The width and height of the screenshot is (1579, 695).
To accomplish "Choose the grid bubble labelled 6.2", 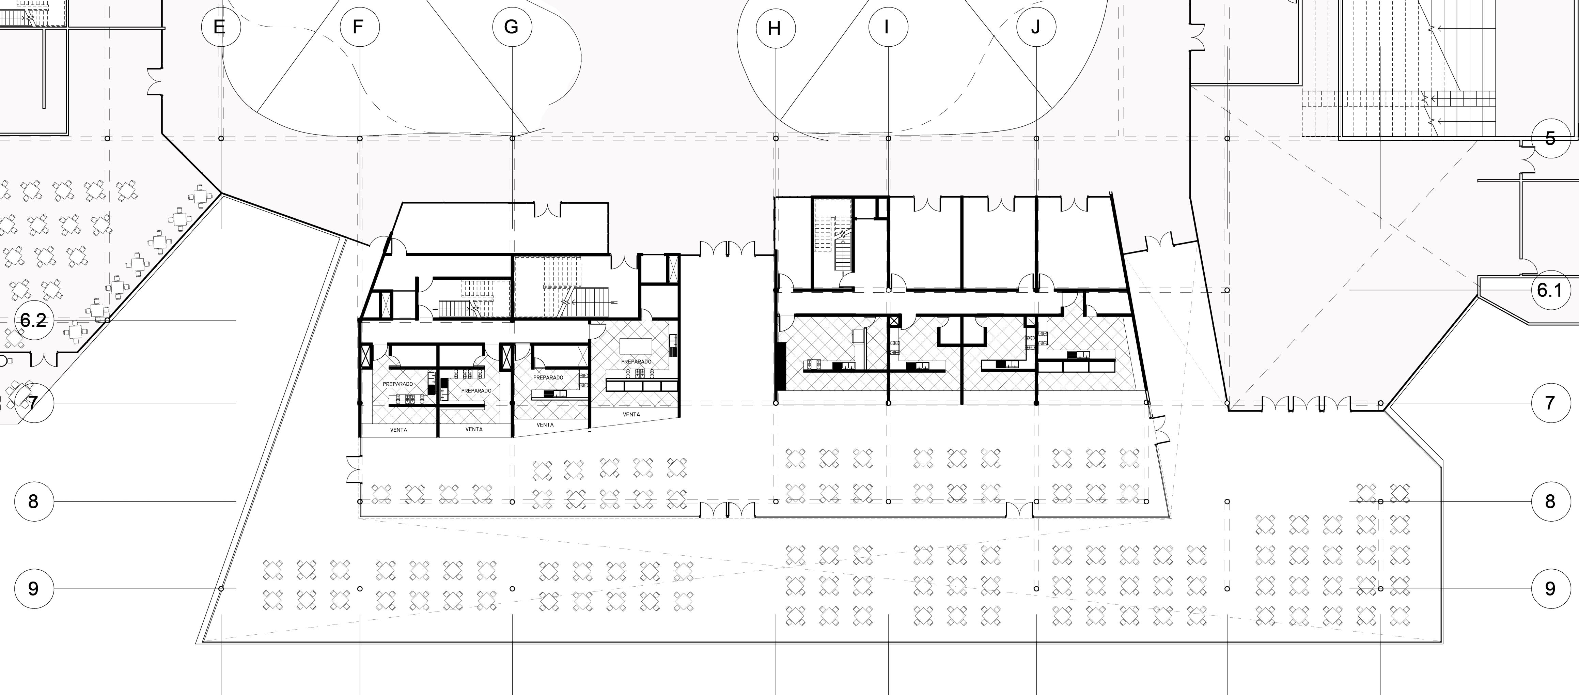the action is tap(33, 320).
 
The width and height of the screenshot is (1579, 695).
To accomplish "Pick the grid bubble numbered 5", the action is tap(1550, 139).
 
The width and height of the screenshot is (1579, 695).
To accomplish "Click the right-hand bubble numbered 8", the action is tap(1550, 501).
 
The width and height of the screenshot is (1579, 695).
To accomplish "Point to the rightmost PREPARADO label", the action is tap(636, 361).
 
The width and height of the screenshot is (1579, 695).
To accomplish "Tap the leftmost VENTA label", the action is tap(398, 430).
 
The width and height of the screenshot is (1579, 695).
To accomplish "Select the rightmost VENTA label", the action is tap(631, 414).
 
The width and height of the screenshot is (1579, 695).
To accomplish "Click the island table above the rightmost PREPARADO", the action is tap(636, 346).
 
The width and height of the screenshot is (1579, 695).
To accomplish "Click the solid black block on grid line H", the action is tap(781, 366).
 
